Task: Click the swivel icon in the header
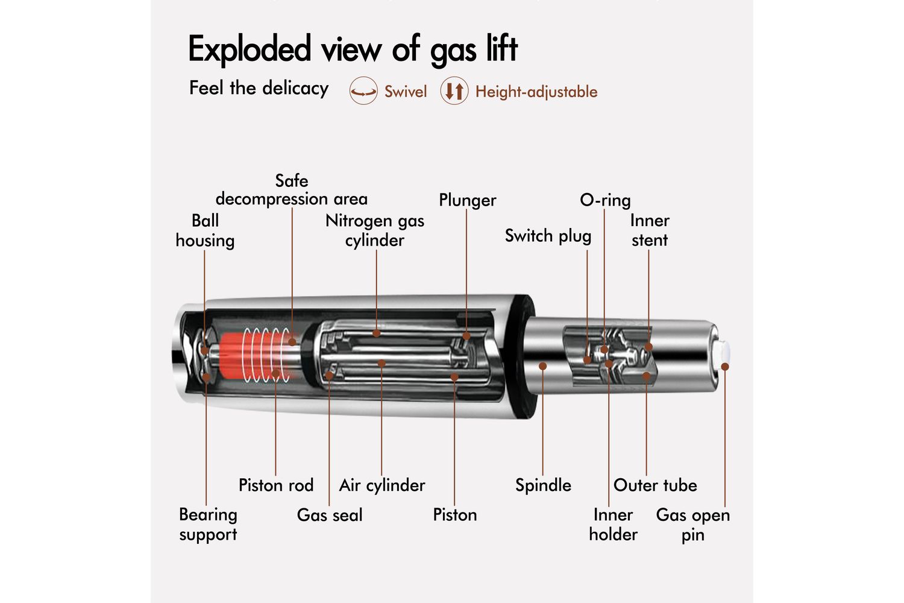363,91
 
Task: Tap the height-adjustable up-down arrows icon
454,91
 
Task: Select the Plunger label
467,200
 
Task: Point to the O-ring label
605,200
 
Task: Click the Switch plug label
548,236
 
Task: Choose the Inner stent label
650,230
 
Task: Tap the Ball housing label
205,230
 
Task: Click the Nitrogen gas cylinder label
375,230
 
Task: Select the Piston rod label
276,485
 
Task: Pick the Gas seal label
330,515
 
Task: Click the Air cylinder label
382,485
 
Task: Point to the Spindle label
543,485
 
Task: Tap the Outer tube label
655,485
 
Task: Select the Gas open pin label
693,525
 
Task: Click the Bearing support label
208,524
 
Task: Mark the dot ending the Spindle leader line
543,366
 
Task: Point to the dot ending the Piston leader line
454,377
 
